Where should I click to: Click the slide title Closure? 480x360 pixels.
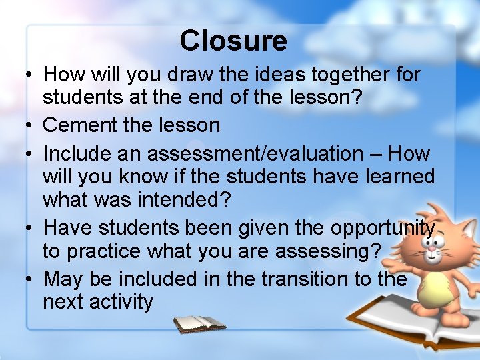233,41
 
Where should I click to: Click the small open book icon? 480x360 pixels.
199,324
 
